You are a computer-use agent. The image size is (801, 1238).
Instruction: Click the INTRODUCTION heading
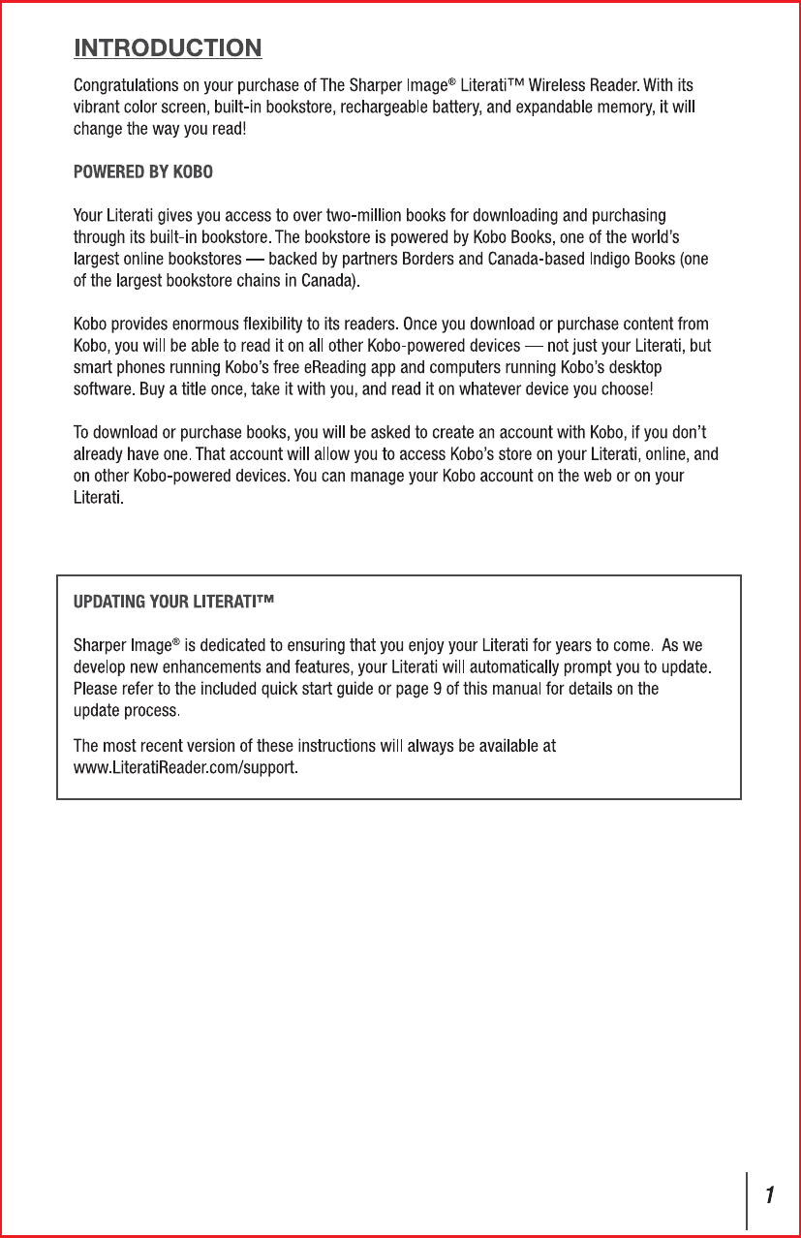(x=168, y=47)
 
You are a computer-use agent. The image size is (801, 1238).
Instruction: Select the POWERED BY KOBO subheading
(x=143, y=172)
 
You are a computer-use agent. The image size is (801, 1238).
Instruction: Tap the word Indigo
(x=612, y=259)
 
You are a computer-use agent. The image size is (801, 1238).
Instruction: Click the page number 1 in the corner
(x=770, y=1195)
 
